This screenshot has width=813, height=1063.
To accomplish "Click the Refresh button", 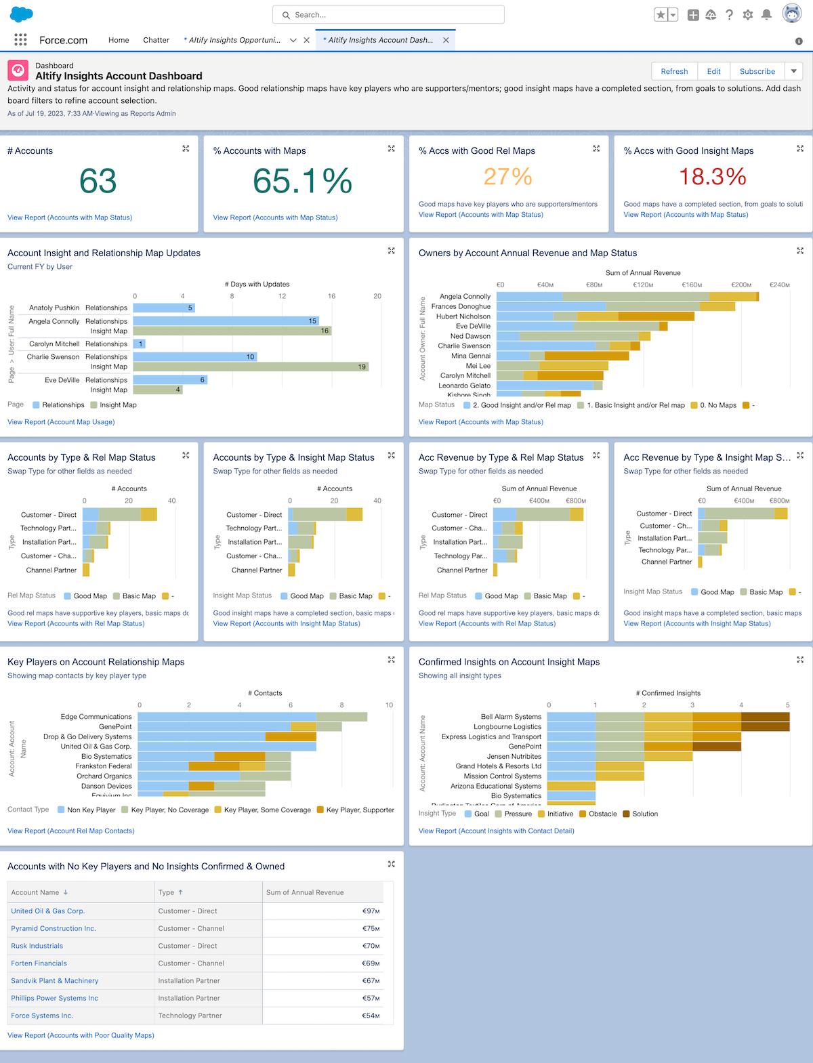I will click(674, 71).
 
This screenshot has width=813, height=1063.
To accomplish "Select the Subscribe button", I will click(757, 71).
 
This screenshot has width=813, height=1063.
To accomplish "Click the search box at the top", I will click(388, 15).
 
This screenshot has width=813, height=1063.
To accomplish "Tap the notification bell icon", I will click(766, 15).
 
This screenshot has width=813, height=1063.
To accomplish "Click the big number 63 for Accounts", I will click(98, 181).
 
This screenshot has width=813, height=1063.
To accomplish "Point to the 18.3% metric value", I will click(712, 177).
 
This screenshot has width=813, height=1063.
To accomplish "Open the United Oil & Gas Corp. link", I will click(47, 911).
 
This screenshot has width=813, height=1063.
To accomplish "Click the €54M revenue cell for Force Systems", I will click(371, 1016).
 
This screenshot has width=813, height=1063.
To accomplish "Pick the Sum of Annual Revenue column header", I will click(305, 892).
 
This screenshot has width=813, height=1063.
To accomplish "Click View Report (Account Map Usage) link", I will click(61, 422).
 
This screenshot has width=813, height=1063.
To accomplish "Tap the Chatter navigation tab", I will click(156, 40).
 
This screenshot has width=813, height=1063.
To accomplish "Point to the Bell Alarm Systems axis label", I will click(511, 717).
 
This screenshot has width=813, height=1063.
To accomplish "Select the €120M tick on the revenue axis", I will click(643, 285).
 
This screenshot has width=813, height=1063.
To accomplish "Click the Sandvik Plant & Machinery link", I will click(55, 981).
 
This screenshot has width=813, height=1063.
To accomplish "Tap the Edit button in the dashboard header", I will click(713, 71).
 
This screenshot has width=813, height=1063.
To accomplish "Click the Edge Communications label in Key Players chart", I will click(96, 717).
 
